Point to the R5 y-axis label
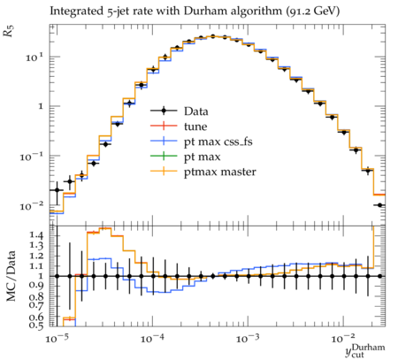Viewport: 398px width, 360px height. pos(9,31)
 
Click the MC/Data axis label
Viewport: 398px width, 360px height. pos(11,276)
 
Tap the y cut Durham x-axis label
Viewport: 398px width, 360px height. pos(365,350)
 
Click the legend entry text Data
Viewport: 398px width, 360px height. pos(196,111)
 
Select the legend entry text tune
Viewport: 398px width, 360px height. pos(195,126)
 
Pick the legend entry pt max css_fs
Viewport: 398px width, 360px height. pos(218,142)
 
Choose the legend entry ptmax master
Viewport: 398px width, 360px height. pos(220,172)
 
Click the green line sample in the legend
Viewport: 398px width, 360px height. pos(164,156)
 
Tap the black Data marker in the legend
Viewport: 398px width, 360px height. pos(164,111)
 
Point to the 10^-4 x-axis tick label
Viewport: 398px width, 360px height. pos(152,338)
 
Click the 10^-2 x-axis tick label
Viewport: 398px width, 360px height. pos(343,338)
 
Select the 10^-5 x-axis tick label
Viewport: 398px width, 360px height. pos(57,338)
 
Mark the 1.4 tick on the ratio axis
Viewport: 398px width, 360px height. pos(36,235)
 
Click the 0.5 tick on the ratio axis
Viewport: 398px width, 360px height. pos(36,325)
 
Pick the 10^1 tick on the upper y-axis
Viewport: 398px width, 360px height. pos(34,57)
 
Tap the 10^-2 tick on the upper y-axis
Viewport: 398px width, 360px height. pos(32,206)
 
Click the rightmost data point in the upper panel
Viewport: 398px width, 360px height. pos(379,205)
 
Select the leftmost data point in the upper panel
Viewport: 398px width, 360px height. pos(57,190)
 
